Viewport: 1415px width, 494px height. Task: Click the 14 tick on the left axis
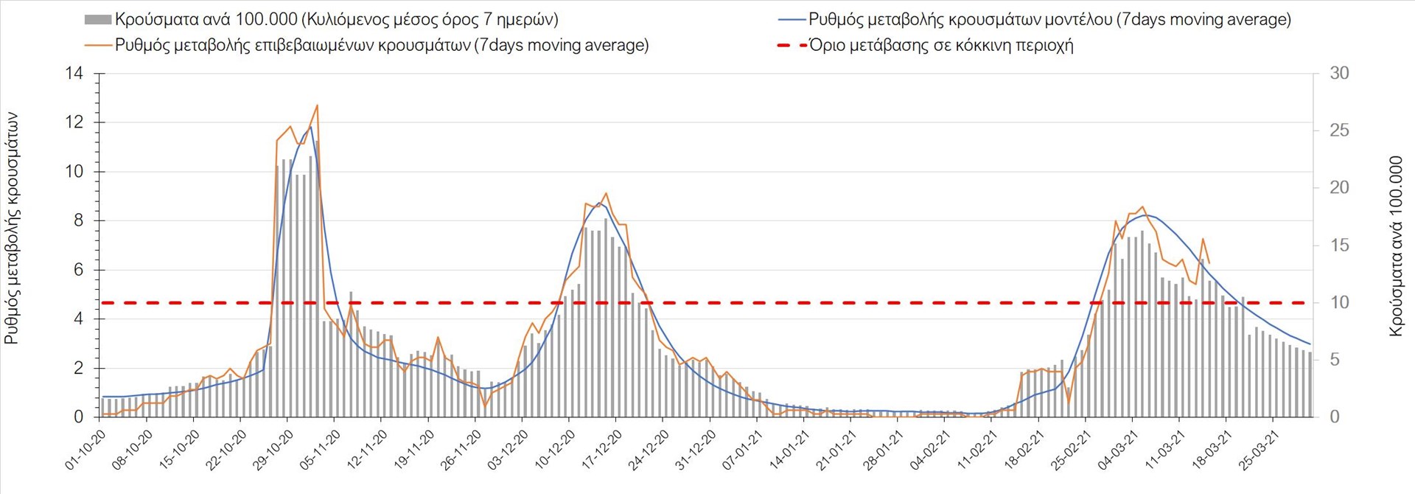click(74, 74)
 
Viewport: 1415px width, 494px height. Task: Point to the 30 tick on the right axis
click(1339, 74)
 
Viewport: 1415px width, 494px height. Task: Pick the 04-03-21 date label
click(1116, 451)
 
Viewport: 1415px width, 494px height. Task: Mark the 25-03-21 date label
click(1257, 451)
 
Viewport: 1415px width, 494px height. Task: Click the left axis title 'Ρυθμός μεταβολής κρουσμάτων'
click(13, 229)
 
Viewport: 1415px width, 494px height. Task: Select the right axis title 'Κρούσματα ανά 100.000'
click(1395, 246)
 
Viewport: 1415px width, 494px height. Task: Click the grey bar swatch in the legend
click(98, 20)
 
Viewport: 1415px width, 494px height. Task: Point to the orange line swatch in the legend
click(98, 46)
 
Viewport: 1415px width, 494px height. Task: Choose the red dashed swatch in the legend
click(792, 46)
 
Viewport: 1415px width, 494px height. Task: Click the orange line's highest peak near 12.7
click(317, 105)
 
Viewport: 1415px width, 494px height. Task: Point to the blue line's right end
click(1310, 344)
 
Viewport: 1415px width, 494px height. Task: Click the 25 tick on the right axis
click(1339, 131)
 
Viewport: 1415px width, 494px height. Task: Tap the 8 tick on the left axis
click(78, 220)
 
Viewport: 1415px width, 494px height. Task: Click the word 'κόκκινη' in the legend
click(976, 46)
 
